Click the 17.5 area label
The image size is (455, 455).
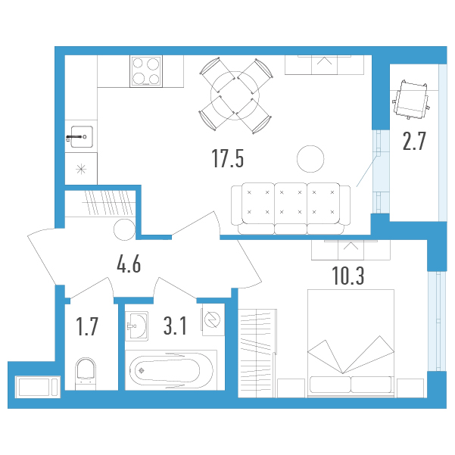point(228,158)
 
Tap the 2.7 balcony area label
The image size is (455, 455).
point(414,141)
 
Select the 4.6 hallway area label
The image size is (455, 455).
point(129,264)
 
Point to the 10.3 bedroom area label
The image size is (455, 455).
point(348,276)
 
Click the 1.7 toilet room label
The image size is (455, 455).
point(87,327)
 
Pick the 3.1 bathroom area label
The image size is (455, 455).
point(175,326)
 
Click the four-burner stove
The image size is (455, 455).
point(146,71)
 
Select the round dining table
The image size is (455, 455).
point(235,95)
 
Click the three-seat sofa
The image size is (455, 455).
point(291,208)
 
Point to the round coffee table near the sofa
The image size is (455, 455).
point(310,159)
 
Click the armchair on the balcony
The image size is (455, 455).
point(411,99)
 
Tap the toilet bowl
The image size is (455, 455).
point(86,374)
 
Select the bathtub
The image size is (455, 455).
point(171,370)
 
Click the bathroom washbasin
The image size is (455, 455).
point(137,326)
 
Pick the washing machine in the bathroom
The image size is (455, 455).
point(213,319)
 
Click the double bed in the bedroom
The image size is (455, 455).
point(351,343)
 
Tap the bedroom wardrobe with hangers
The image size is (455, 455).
point(257,353)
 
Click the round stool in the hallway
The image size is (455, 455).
point(125,229)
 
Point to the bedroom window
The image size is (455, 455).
point(437,321)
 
